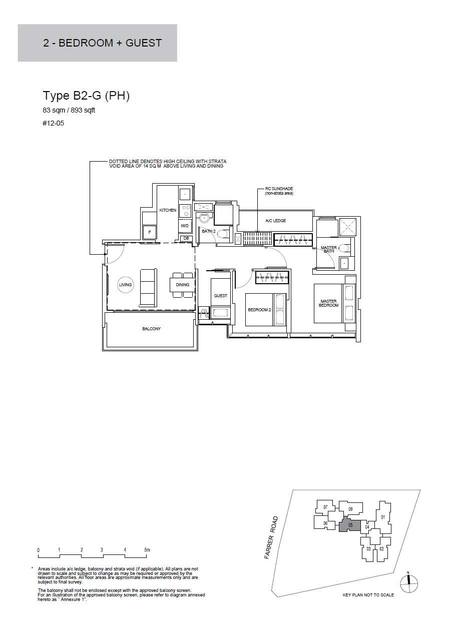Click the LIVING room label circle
click(125, 285)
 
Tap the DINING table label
click(183, 285)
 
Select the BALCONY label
click(151, 329)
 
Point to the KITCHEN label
click(168, 210)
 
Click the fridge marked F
click(150, 232)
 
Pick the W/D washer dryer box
click(185, 226)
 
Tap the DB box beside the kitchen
click(186, 238)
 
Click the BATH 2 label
click(208, 231)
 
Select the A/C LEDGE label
click(275, 221)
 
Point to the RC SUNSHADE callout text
click(279, 191)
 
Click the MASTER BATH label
click(329, 250)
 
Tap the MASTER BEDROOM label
click(328, 303)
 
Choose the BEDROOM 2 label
click(259, 310)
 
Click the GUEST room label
click(220, 296)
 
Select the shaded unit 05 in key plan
click(350, 525)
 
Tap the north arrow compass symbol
click(409, 583)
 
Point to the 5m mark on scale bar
click(147, 550)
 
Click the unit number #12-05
click(54, 124)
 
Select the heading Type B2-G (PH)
click(86, 96)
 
